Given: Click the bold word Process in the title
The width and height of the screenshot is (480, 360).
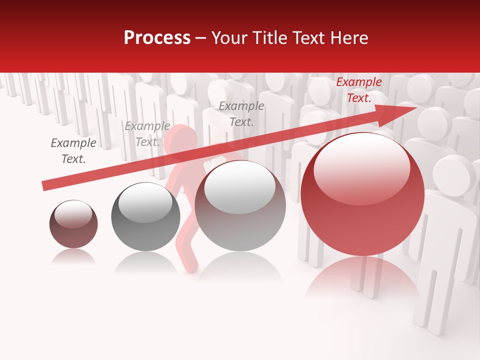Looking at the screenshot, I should [x=157, y=38].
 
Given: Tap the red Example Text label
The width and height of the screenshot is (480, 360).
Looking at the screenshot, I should [x=358, y=90].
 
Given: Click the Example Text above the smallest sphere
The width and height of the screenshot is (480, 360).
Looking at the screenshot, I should [x=73, y=151].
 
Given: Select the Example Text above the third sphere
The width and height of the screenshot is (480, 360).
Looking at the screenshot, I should [x=241, y=113].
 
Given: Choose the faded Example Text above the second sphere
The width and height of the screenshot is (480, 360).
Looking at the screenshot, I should [x=147, y=134].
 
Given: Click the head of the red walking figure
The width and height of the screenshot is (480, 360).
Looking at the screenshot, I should [x=181, y=141].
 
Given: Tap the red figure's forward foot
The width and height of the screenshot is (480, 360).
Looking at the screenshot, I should [x=190, y=267].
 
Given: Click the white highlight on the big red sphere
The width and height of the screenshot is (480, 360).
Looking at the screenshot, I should [x=361, y=167].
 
